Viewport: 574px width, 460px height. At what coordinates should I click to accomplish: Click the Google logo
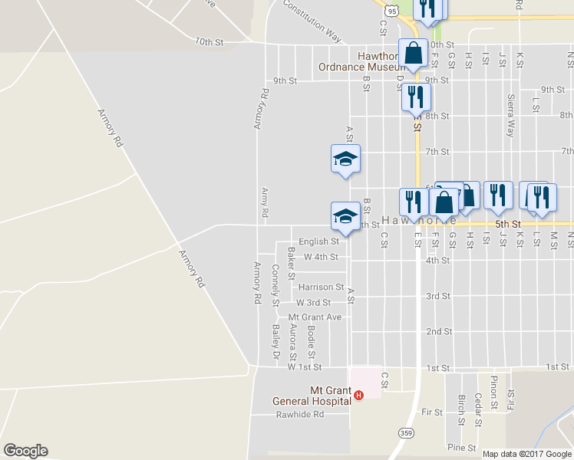point(25,451)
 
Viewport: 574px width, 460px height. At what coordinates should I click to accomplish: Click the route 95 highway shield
point(392,11)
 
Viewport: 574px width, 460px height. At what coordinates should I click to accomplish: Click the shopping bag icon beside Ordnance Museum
point(413,54)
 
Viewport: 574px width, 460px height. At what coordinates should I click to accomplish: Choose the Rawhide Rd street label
point(301,415)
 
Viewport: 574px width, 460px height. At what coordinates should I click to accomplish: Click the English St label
point(318,242)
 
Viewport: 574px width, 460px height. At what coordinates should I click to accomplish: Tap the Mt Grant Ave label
point(315,317)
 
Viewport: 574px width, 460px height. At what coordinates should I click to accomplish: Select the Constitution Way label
point(312,20)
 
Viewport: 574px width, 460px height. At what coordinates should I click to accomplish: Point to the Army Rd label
point(265,202)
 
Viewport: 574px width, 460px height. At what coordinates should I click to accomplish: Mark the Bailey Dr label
point(275,342)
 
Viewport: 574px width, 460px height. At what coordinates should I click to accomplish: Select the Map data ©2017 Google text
point(526,454)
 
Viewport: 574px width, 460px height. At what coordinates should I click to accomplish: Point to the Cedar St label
point(477,409)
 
